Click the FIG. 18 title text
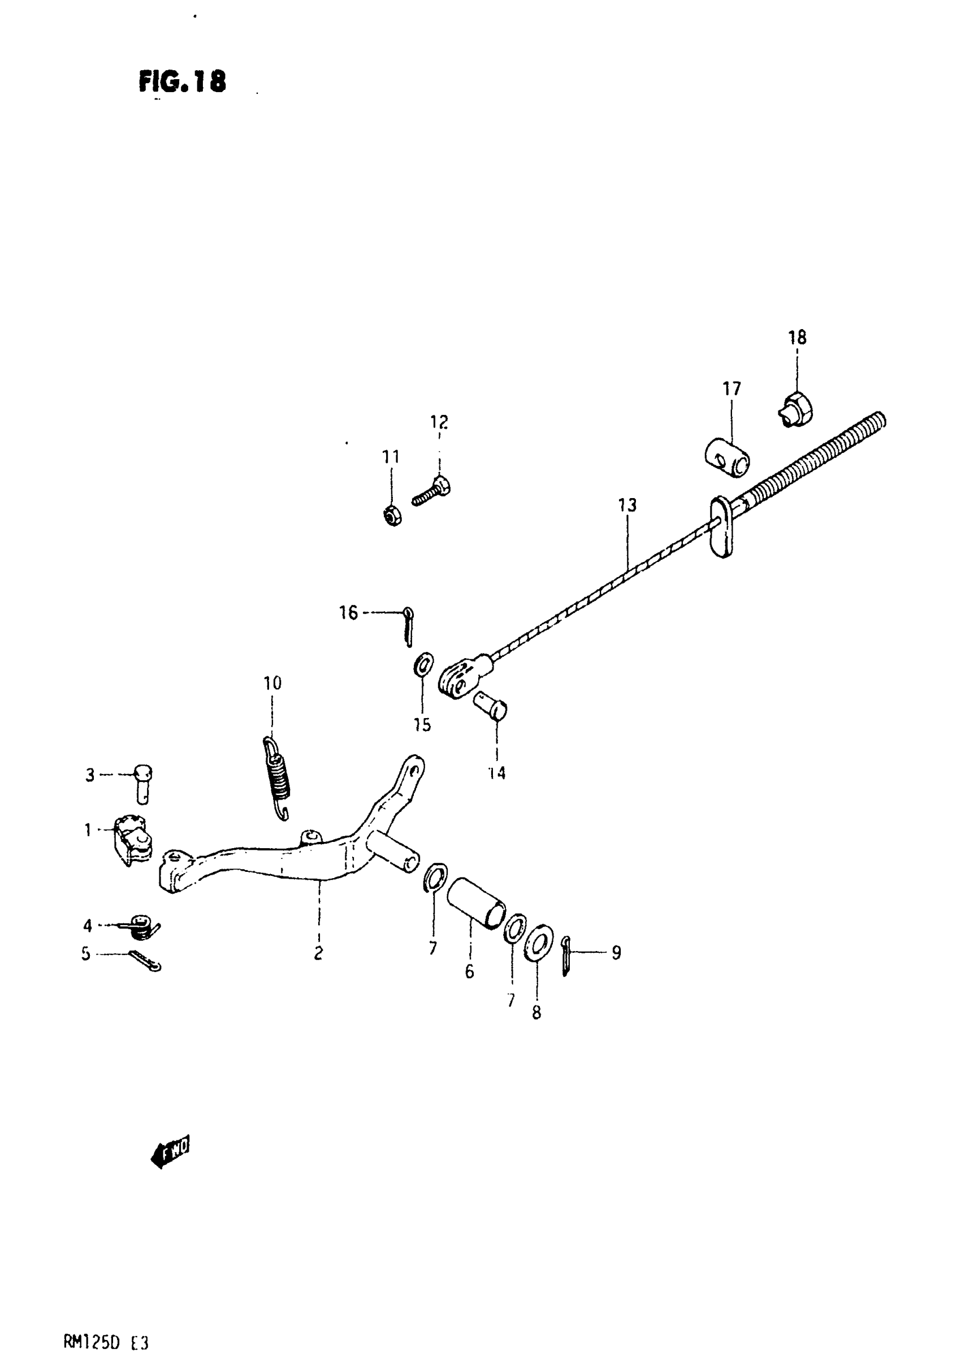[182, 81]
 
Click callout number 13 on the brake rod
[627, 505]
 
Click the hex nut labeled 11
[392, 516]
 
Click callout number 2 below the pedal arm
[318, 953]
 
